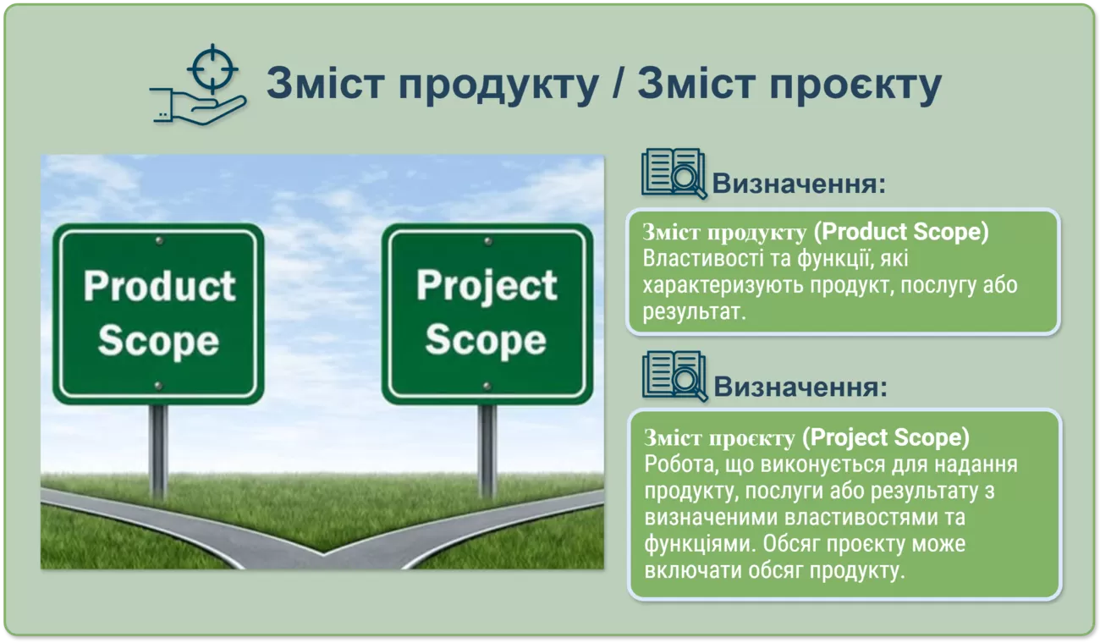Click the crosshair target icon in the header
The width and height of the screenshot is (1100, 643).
212,69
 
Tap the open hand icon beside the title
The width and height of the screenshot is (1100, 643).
198,107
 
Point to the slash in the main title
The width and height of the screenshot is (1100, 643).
619,82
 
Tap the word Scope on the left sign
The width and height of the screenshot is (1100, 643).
158,341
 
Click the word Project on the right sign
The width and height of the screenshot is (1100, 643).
487,287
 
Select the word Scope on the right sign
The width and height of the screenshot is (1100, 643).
486,339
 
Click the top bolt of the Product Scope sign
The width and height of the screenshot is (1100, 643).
159,241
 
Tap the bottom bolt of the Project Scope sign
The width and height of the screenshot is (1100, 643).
487,386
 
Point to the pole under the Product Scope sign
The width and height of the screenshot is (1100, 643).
158,452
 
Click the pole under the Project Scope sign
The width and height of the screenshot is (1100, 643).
487,452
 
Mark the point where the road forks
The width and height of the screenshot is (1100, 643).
323,553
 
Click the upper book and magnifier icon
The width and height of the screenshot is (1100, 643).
674,173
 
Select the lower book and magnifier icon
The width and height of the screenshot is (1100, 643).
674,376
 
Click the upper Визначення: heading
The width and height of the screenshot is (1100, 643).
799,184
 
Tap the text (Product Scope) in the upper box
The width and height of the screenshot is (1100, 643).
901,232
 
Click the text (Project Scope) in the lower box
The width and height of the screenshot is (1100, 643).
886,437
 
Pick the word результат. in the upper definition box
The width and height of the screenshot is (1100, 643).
695,312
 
